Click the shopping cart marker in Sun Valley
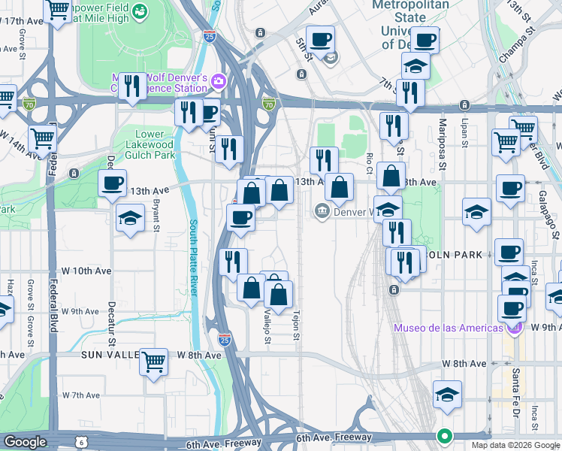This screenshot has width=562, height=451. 153,362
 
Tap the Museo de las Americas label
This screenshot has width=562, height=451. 449,328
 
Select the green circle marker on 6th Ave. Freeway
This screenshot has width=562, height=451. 445,436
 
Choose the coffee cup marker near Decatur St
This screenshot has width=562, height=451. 113,183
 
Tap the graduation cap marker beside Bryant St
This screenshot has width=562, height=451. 131,219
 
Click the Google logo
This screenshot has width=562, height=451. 24,443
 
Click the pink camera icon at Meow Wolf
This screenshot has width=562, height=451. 219,80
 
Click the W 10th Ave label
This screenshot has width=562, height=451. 93,271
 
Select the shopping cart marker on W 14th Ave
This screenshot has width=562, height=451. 44,139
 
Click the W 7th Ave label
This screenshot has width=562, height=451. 81,395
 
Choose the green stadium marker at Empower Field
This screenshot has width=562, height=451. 141,12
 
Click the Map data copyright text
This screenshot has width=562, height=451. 515,445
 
